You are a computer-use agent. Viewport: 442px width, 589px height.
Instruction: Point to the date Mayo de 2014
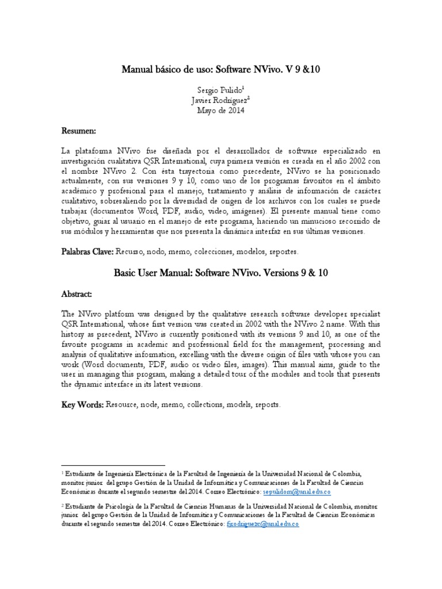click(220, 110)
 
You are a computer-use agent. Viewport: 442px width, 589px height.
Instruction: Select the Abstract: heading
click(78, 294)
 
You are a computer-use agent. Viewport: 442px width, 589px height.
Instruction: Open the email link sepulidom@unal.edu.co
click(297, 493)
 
